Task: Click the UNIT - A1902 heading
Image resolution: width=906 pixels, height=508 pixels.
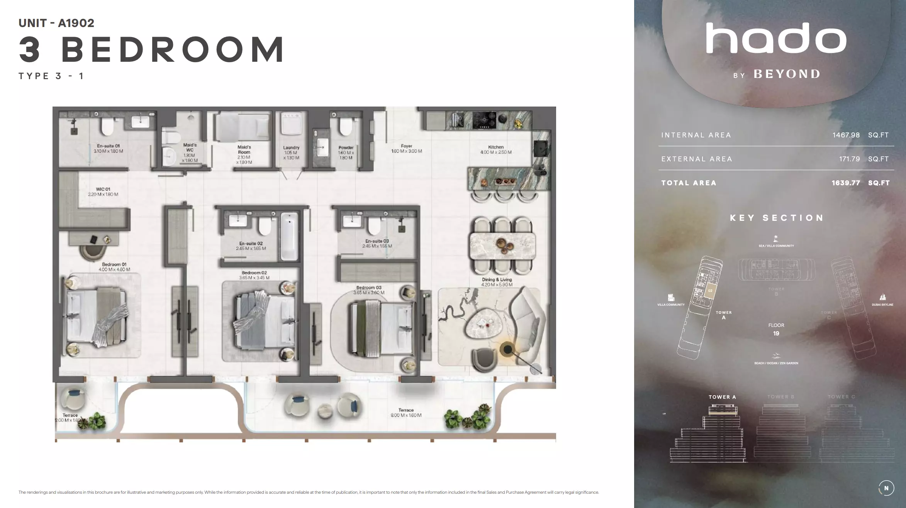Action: [x=56, y=23]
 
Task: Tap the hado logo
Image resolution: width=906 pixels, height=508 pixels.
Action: [x=776, y=38]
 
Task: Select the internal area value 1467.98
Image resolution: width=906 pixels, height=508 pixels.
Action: [x=846, y=135]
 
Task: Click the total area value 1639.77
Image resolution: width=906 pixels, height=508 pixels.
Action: [x=845, y=183]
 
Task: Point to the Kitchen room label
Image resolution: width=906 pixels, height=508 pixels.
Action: [x=496, y=149]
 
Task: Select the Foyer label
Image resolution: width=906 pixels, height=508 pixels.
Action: [x=406, y=149]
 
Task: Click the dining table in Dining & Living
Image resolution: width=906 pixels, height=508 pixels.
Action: [x=502, y=246]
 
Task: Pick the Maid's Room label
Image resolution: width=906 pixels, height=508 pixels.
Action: [x=244, y=154]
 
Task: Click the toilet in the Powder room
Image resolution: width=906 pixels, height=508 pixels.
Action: [x=345, y=126]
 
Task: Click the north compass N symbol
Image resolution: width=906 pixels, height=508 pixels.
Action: [x=886, y=488]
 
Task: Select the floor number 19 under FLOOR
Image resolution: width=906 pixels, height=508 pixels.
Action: [x=776, y=334]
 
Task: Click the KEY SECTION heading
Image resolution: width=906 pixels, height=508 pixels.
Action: [x=776, y=218]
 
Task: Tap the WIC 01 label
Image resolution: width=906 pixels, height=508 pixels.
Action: [x=103, y=191]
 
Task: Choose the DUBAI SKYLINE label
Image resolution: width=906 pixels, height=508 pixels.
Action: [x=882, y=305]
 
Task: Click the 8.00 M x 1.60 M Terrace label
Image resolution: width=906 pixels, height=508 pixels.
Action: [x=405, y=413]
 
